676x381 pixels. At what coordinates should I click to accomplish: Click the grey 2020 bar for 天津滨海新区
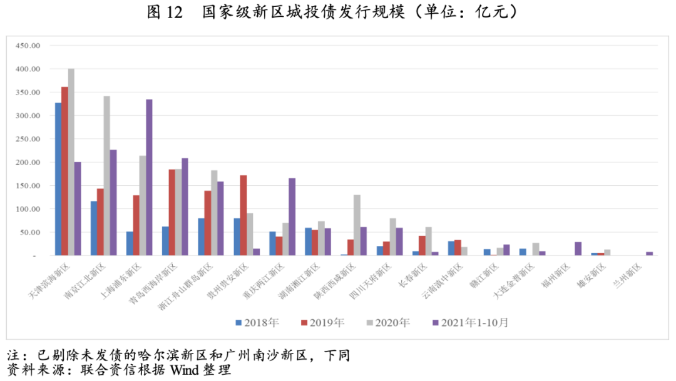coord(71,162)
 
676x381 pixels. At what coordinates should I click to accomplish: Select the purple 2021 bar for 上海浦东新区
coord(149,177)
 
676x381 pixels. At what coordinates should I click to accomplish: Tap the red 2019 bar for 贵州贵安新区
coord(243,215)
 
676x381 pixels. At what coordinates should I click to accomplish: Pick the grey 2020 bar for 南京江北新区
coord(107,176)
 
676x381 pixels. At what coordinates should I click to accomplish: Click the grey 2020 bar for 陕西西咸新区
coord(357,225)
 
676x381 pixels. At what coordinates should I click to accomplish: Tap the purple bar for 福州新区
coord(578,248)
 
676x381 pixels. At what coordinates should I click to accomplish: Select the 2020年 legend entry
coord(388,323)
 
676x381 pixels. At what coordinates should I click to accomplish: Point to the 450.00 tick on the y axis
coord(28,46)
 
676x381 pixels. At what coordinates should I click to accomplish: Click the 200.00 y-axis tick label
coord(28,163)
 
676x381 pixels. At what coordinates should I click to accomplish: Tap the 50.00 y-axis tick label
coord(30,233)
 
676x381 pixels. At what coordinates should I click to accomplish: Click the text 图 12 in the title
coord(165,13)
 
